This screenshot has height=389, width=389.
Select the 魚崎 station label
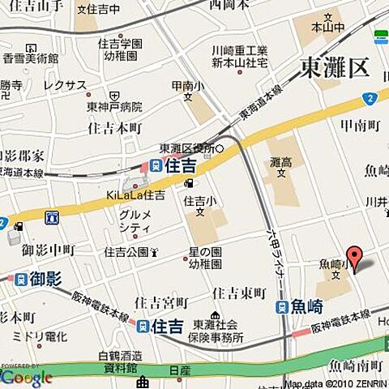pyautogui.click(x=308, y=306)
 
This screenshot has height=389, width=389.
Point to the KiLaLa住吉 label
pyautogui.click(x=135, y=194)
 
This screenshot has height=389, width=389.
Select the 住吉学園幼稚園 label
pyautogui.click(x=121, y=49)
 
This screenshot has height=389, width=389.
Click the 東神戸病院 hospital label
pyautogui.click(x=114, y=107)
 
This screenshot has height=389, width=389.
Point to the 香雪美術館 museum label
pyautogui.click(x=30, y=59)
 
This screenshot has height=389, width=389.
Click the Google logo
pyautogui.click(x=27, y=378)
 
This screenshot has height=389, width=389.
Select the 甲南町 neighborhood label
pyautogui.click(x=361, y=126)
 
